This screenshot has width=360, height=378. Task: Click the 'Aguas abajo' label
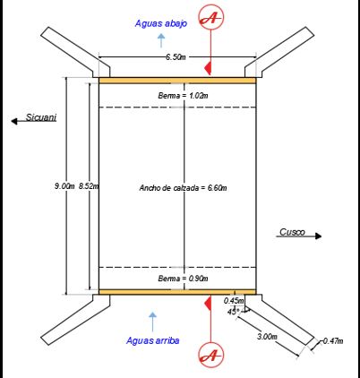161,23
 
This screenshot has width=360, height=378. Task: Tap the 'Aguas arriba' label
152,340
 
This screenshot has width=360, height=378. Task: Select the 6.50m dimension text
176,56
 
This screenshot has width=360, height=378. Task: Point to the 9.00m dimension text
64,186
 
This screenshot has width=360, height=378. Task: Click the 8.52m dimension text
89,186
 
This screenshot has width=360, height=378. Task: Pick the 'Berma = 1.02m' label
183,96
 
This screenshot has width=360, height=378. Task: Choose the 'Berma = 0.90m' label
183,279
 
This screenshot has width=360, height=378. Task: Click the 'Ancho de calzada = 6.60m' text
183,188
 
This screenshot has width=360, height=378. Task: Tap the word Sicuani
41,117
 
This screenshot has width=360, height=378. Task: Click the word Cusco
292,232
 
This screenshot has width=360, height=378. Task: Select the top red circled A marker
211,17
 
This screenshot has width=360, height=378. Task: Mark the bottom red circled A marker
211,355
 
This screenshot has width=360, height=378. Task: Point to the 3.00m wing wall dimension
267,336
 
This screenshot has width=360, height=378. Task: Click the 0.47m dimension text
333,340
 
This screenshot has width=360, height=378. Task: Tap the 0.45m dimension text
234,301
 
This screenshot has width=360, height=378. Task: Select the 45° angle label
233,312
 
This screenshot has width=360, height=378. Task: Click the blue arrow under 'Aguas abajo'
161,40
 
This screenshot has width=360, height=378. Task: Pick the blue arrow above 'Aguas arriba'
152,322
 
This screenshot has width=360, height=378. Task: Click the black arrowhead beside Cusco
319,236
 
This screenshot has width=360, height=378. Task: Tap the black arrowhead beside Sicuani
14,121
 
